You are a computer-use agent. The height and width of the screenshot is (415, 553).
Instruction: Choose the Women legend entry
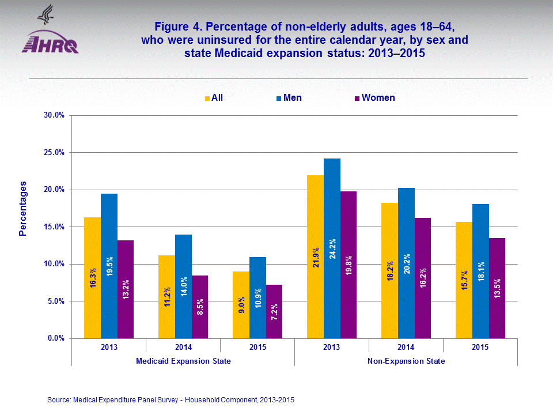pos(374,98)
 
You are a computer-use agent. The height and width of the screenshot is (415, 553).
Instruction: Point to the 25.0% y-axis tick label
pos(54,153)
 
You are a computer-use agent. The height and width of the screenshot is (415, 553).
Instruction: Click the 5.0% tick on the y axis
pos(55,301)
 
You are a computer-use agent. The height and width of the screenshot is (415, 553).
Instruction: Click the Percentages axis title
pos(23,209)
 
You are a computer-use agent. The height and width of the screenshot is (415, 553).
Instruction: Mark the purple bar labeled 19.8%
pos(349,265)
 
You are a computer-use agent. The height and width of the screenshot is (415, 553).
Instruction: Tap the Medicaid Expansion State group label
pos(183,361)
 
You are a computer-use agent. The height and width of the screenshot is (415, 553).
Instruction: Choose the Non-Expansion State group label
pos(406,361)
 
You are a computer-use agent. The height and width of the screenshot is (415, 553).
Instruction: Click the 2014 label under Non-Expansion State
pos(406,347)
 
